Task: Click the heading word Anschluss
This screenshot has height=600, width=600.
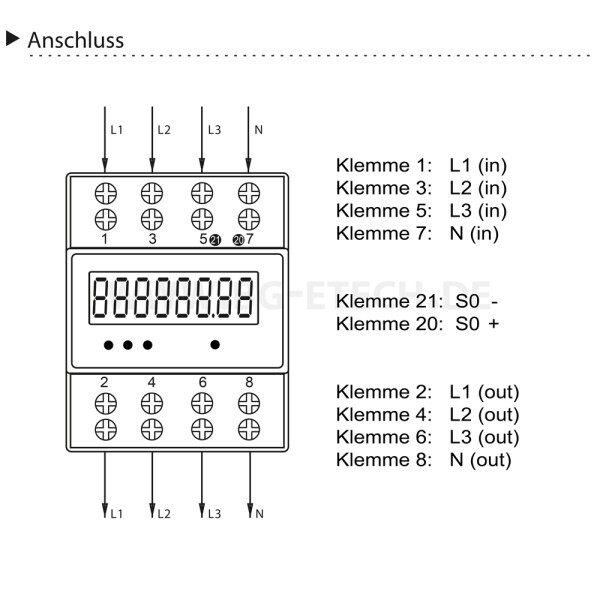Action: (x=76, y=40)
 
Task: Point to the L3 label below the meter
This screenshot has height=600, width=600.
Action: (x=213, y=513)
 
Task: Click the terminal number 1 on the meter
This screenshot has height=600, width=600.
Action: (x=104, y=240)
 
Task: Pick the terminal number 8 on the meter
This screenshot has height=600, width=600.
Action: (x=250, y=382)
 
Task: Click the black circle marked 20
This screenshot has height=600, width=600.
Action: (x=237, y=240)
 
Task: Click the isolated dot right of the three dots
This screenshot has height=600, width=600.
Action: (x=215, y=345)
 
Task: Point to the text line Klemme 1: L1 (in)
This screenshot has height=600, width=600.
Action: (x=414, y=164)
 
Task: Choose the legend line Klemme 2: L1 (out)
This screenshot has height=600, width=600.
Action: (x=428, y=391)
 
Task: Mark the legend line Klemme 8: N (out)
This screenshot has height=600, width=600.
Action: (x=424, y=460)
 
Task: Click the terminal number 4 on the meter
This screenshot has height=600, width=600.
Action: (x=152, y=382)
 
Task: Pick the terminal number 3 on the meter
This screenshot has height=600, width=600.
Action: (x=152, y=240)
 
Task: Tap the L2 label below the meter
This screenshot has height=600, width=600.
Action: (x=164, y=513)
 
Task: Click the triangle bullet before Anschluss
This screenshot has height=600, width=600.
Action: (x=13, y=39)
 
